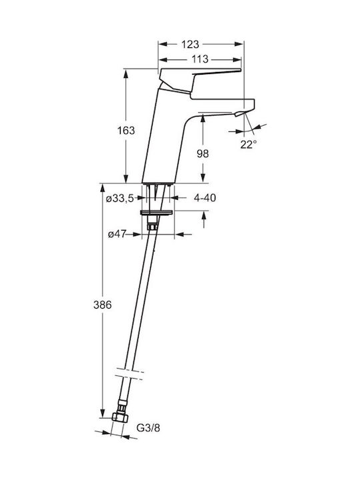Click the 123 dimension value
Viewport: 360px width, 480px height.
point(190,45)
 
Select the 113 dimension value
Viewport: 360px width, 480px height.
point(199,59)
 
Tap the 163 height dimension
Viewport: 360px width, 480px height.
point(126,131)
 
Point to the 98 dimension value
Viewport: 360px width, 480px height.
point(203,153)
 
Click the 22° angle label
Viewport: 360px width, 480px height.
point(248,144)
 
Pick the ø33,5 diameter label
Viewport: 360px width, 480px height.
point(120,199)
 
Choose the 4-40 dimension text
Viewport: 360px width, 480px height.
point(205,198)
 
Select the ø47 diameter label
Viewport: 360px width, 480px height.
point(117,234)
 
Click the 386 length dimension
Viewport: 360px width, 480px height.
point(103,305)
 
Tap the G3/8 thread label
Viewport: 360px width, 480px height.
point(148,427)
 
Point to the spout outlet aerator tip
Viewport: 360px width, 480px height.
point(240,114)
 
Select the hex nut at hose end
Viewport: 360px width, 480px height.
point(120,417)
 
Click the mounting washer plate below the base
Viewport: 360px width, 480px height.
point(157,213)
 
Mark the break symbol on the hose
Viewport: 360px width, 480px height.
point(129,374)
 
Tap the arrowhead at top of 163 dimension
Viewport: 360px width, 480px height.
point(125,73)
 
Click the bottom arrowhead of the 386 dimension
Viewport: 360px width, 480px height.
point(103,413)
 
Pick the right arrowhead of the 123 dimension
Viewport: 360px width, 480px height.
point(239,44)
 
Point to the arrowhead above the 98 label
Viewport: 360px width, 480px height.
point(203,120)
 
